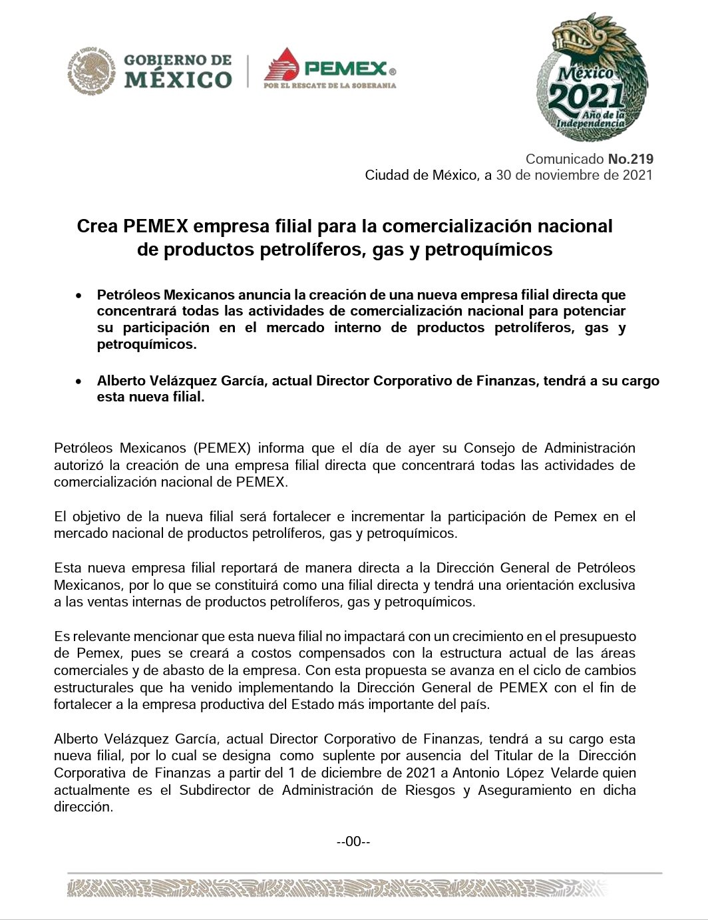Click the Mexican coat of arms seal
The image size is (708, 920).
click(x=91, y=71)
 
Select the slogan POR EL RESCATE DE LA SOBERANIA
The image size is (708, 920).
click(x=330, y=85)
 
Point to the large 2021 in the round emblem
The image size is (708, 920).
click(x=586, y=98)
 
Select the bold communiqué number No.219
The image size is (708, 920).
click(x=631, y=159)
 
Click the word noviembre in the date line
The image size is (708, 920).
click(x=570, y=175)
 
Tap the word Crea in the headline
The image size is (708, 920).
click(x=97, y=226)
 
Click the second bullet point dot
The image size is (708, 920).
click(x=79, y=381)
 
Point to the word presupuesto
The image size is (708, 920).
click(x=598, y=636)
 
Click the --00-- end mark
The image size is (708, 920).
click(x=353, y=841)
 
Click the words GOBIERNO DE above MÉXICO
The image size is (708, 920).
click(x=178, y=60)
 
